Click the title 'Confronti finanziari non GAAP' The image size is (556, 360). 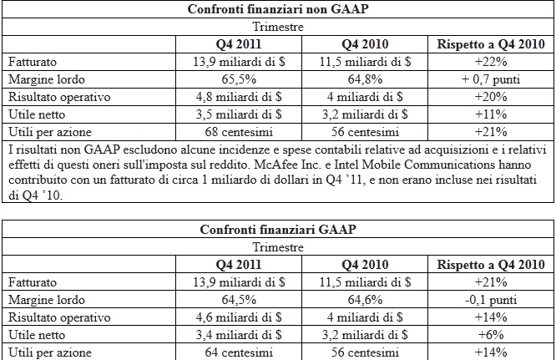(277, 10)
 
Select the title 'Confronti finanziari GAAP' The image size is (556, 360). (277, 231)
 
